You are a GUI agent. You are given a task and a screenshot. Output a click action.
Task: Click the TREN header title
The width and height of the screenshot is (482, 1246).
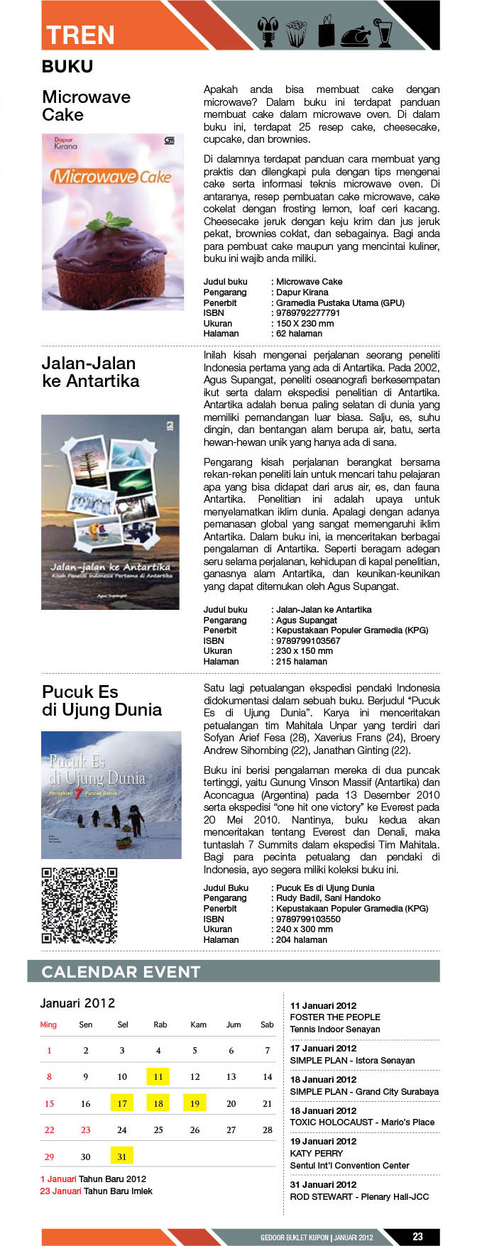coord(80,35)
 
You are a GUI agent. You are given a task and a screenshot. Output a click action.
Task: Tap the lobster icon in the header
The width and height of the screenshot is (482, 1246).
coord(268,33)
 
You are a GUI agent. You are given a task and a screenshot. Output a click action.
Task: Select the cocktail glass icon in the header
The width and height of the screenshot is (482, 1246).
coord(383,32)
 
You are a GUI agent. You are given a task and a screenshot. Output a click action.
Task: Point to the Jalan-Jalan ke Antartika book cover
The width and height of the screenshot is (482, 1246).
coord(110,512)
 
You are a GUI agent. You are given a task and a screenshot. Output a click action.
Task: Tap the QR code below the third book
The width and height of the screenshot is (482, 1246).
coord(79,905)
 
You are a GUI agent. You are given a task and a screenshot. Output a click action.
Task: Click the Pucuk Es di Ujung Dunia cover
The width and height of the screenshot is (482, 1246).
coord(111,794)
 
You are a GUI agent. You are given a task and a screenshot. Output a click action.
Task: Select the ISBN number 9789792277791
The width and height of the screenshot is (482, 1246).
coord(308,313)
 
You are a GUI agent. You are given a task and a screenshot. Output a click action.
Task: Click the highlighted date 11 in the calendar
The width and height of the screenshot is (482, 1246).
coord(158,1077)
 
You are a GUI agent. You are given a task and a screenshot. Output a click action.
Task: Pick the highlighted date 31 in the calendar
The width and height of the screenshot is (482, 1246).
coord(122,1157)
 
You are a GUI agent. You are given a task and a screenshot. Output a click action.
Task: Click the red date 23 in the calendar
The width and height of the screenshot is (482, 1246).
coord(86,1130)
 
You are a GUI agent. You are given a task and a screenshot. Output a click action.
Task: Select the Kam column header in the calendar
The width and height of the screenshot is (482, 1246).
coord(198,1024)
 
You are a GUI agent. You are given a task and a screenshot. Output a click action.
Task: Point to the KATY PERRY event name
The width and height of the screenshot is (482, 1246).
coord(317,1153)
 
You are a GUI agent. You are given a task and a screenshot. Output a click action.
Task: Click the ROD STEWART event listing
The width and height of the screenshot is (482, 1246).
coord(359,1196)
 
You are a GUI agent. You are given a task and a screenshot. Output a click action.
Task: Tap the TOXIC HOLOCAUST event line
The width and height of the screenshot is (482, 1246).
coord(362,1122)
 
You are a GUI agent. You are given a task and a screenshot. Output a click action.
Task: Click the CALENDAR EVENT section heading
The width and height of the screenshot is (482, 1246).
coord(121,972)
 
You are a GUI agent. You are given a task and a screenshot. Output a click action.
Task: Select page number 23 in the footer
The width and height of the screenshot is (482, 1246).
coord(417,1236)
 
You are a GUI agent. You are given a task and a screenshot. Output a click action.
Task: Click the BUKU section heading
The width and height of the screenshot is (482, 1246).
coord(67,67)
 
